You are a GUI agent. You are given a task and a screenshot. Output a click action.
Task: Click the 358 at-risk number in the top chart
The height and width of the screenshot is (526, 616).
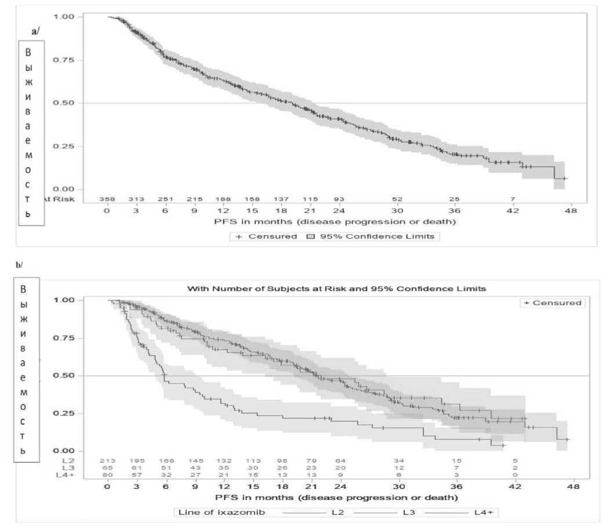tap(107, 199)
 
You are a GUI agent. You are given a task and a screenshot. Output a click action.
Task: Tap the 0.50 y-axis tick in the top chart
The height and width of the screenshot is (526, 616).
tap(64, 103)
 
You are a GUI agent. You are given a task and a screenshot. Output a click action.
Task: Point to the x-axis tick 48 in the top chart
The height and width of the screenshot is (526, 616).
tap(571, 211)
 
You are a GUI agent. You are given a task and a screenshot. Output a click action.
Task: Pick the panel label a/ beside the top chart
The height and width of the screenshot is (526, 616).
tap(35, 30)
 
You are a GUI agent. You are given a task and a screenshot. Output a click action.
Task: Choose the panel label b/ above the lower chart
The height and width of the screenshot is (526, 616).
tap(19, 264)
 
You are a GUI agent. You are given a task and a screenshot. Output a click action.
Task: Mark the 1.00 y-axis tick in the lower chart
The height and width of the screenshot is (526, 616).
tap(64, 300)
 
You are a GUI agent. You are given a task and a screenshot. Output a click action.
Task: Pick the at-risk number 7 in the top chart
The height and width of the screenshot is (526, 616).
tap(512, 199)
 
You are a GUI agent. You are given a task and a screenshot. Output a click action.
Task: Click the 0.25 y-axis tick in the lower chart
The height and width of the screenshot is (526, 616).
tap(64, 413)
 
